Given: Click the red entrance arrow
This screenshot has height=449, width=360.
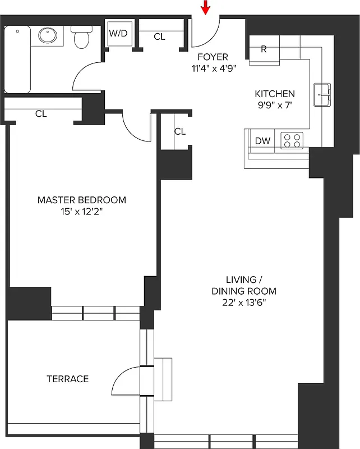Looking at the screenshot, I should tap(206, 7).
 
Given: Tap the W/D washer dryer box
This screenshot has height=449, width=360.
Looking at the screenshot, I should tap(118, 34).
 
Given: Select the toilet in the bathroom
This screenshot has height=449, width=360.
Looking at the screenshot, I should tap(82, 37).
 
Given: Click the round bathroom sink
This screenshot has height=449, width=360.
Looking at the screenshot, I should tap(48, 36).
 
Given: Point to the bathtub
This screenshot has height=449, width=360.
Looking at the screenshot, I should tap(17, 59).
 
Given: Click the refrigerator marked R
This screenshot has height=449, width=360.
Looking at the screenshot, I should tap(264, 49).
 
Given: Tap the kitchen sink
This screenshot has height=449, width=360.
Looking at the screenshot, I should tap(322, 94).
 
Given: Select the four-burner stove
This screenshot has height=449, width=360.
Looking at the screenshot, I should tap(292, 140).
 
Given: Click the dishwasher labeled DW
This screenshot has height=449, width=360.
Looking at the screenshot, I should tap(262, 141).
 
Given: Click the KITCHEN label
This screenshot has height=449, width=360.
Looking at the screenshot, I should tap(275, 94).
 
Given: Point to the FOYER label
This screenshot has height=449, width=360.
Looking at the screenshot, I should tap(213, 57).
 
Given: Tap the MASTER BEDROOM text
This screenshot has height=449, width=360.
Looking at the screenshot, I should tap(82, 200).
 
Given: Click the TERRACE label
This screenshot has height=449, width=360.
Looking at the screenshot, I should tap(67, 379).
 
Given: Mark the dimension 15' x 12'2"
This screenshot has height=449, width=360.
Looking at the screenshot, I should tap(82, 212).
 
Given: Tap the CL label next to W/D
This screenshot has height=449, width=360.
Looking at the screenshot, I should tap(160, 36).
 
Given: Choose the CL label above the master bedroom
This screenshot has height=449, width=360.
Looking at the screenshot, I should tap(41, 113).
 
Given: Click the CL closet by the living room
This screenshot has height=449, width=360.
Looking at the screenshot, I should tap(179, 131).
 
